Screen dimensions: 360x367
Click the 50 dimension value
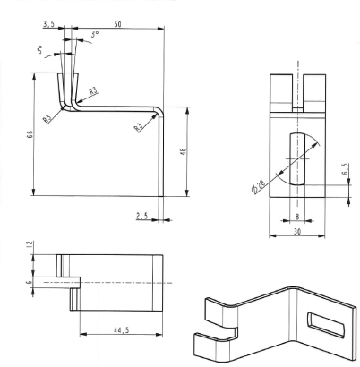118,24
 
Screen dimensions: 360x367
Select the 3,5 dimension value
48,24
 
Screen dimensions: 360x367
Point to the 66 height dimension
30,133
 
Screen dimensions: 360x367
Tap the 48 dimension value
183,151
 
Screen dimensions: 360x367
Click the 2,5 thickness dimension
142,216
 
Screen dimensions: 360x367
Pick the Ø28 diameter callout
258,187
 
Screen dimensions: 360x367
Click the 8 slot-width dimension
297,217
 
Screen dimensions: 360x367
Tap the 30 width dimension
297,231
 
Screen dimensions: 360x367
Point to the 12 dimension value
30,244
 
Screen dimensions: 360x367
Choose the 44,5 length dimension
121,329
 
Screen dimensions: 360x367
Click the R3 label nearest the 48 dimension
139,128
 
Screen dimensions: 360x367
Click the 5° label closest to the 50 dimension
95,34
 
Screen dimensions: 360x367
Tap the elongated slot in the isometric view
325,325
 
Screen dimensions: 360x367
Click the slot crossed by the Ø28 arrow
297,159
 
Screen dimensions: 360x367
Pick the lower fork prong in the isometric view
213,346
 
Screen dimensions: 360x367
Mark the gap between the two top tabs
297,90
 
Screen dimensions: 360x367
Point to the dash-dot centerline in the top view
108,282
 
